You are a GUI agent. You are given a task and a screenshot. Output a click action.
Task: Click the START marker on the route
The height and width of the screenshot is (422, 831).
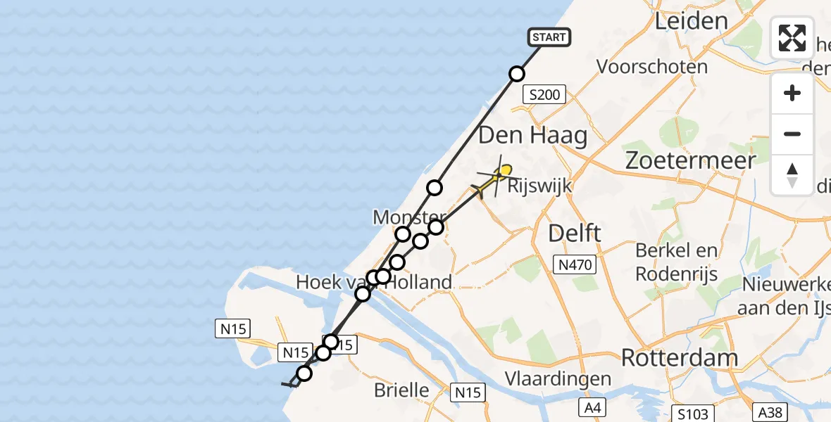point(549,37)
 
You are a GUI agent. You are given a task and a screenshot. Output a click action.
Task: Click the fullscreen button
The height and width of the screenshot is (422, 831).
point(792,38)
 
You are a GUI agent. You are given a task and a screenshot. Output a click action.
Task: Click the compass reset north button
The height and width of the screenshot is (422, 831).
point(792,175)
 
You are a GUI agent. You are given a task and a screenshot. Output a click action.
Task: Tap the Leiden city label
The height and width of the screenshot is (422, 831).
point(691,20)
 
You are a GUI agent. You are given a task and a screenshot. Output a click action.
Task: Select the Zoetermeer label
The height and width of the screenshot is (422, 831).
point(691,160)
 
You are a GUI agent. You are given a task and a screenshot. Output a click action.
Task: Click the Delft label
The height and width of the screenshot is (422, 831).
point(575,233)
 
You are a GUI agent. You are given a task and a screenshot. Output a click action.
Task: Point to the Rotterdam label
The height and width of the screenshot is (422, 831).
point(679,358)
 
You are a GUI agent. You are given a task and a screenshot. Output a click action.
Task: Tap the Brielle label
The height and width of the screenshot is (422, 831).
point(401,390)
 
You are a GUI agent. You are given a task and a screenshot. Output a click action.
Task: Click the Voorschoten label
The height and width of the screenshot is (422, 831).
point(652,67)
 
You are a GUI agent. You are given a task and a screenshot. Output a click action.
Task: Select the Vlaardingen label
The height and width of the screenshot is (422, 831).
point(558,379)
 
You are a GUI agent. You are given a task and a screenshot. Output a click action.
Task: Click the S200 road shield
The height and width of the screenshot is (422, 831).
point(544,95)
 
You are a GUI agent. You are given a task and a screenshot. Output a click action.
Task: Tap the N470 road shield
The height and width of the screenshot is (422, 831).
point(574,265)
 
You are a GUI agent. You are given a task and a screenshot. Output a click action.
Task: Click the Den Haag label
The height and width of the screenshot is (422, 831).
point(533,135)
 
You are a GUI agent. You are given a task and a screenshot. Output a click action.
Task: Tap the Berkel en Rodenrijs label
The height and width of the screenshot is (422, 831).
point(677,262)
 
